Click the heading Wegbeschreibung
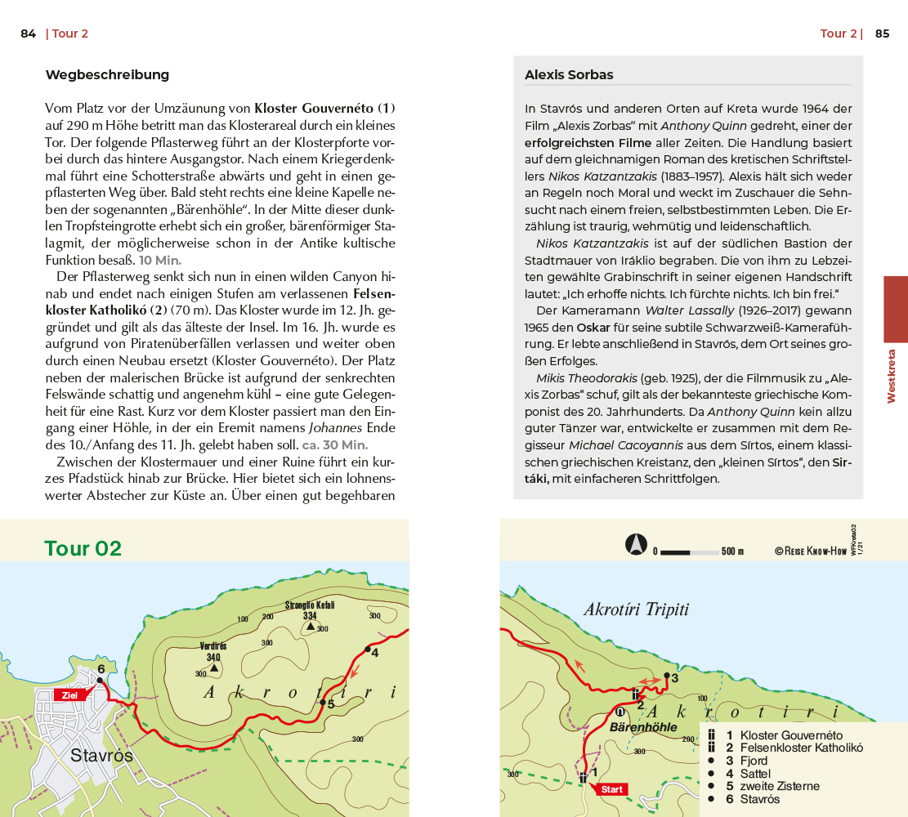107,75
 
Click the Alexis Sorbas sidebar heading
569,75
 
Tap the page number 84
29,33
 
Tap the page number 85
882,33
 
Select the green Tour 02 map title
83,548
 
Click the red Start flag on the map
611,789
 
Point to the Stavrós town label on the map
101,755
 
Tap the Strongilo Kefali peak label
310,605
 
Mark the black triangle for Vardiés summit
213,667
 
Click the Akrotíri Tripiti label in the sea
637,609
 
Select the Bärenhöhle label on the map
644,726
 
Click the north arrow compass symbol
637,544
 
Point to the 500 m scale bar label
732,551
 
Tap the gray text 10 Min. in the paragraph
160,260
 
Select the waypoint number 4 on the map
374,652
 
